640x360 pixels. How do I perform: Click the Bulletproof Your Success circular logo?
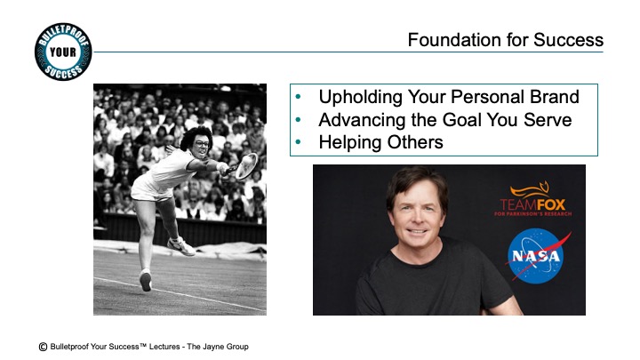coord(63,52)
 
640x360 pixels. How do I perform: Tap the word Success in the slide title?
coord(568,40)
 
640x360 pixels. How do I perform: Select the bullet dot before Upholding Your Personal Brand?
coord(298,97)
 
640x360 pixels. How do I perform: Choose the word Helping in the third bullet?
coord(350,142)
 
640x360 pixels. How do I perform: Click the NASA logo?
coord(537,256)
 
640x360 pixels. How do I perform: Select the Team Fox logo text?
coord(532,205)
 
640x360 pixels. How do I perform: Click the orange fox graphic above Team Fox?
coord(530,189)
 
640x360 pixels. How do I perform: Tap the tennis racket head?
coord(246,165)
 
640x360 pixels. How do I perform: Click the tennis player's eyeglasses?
coord(201,143)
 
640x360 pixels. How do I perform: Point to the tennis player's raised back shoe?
coord(180,246)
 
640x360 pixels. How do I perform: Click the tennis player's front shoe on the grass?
coord(145,280)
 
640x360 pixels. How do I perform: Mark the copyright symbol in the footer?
coord(43,347)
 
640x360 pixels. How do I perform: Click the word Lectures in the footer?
coord(164,347)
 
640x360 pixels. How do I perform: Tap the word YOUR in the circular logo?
coord(63,52)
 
